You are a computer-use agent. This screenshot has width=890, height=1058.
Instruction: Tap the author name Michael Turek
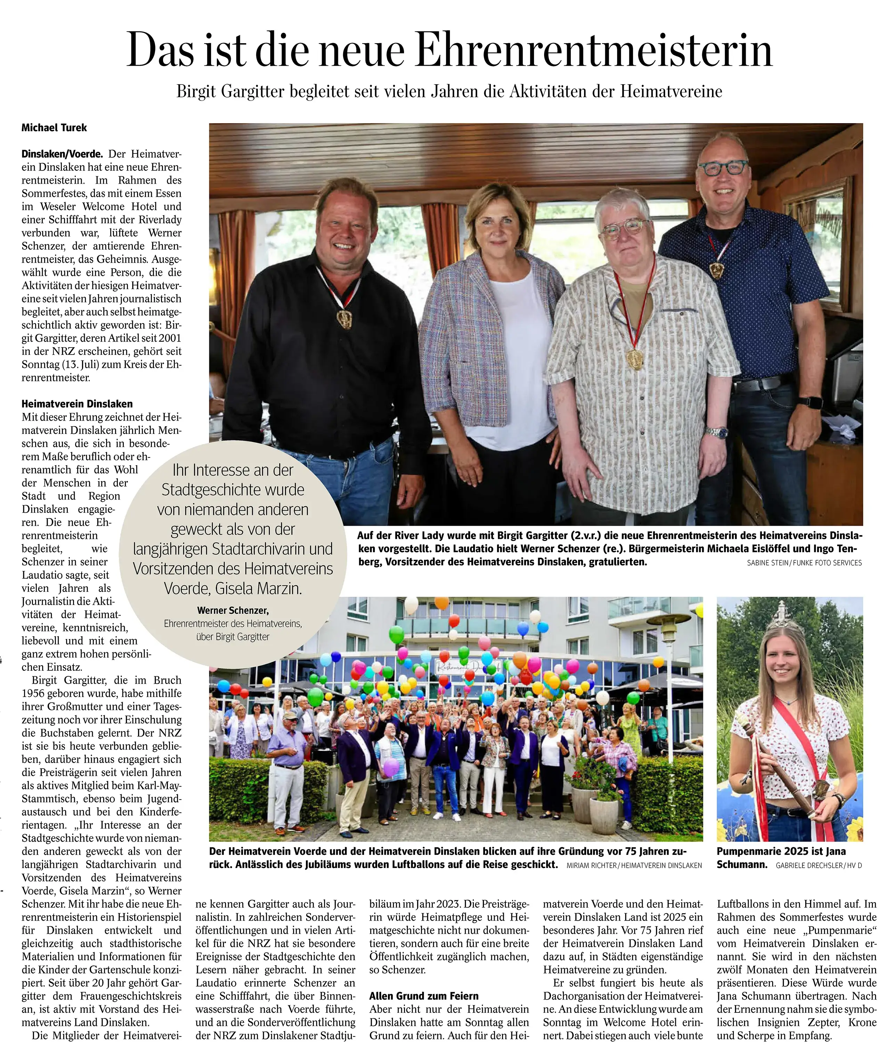coord(54,128)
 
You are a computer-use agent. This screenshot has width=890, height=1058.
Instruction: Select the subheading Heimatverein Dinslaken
coord(77,404)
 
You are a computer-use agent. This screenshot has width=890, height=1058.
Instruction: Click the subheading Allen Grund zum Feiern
coord(424,996)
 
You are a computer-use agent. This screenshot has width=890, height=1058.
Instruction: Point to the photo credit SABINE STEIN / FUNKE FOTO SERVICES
coord(804,563)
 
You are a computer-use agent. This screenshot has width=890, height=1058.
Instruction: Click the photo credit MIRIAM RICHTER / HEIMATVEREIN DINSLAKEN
coord(634,865)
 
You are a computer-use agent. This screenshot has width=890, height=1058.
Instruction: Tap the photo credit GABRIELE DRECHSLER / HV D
coord(818,865)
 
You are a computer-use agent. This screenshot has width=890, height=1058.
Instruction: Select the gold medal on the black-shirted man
coord(345,319)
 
